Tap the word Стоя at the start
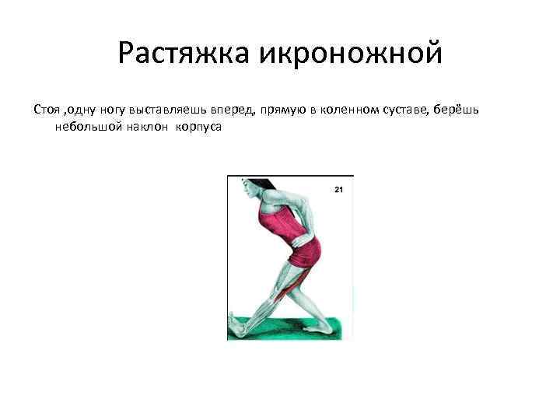pyautogui.click(x=46, y=109)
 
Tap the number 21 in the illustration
pyautogui.click(x=338, y=189)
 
